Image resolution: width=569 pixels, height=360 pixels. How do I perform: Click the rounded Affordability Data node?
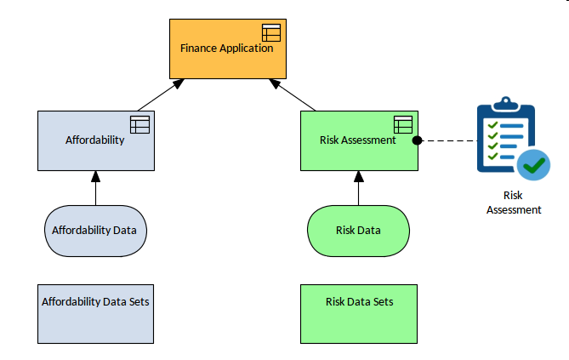point(95,230)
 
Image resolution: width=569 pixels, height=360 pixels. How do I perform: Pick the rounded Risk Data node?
point(358,230)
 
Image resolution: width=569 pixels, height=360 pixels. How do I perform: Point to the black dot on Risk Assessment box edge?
point(418,140)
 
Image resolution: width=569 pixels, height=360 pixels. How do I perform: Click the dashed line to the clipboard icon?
point(447,140)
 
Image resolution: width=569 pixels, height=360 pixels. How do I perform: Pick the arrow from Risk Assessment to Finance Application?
point(294,94)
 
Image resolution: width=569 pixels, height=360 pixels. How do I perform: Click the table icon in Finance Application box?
point(270,33)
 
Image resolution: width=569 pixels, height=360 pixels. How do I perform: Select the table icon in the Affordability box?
point(139,124)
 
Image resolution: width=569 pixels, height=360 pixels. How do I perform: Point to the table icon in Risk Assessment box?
point(402,124)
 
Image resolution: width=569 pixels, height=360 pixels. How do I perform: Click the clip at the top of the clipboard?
point(505,104)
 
